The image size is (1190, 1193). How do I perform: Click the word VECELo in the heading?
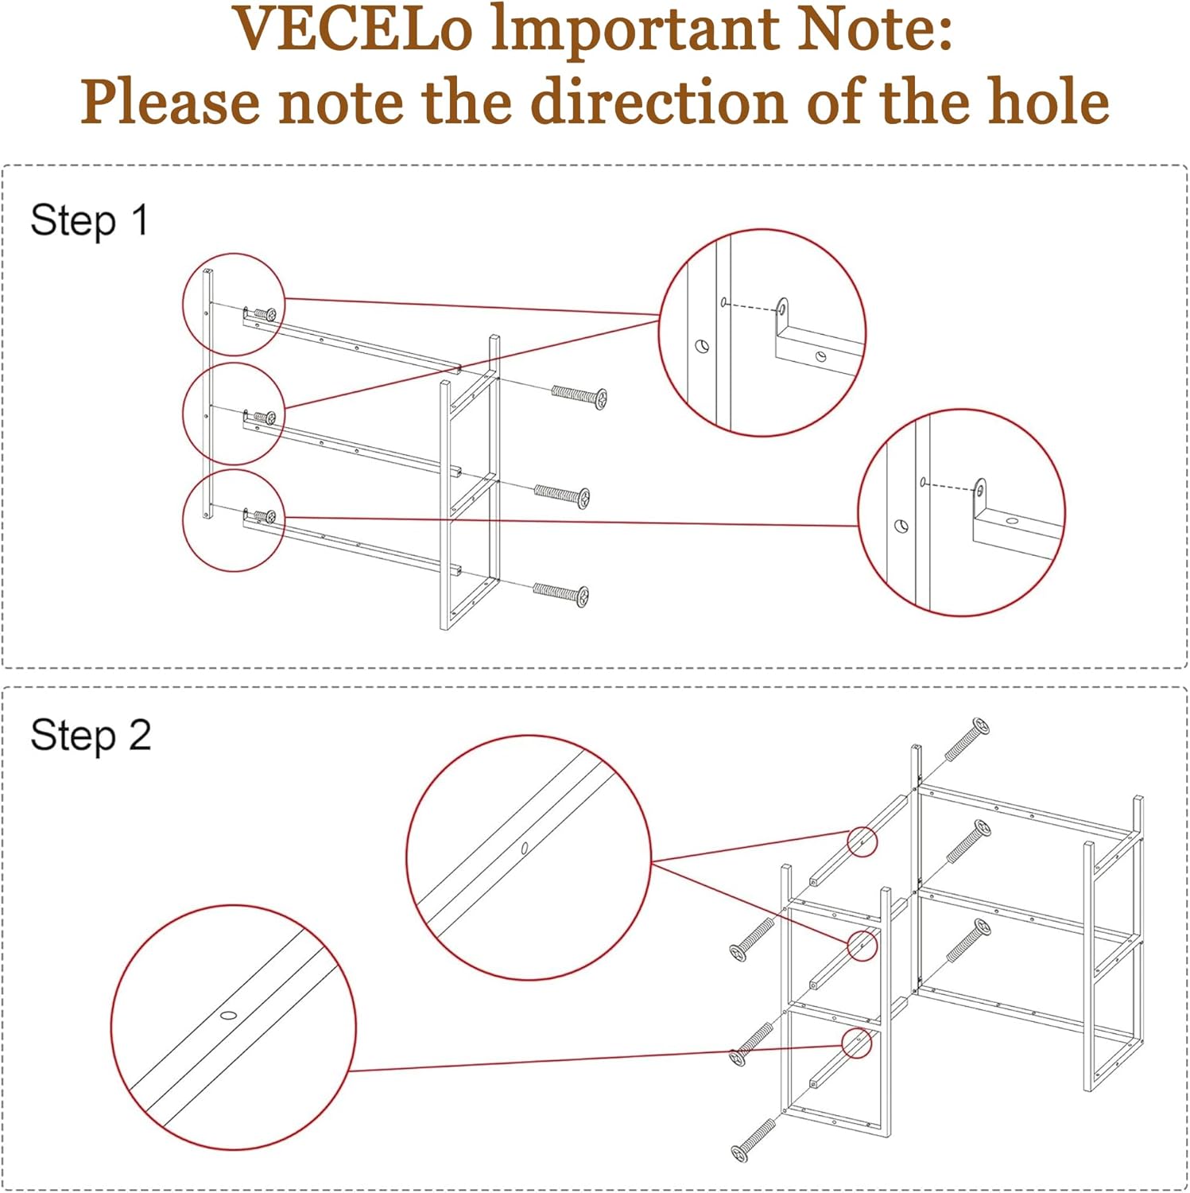pos(353,30)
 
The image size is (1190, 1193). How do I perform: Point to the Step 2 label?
pos(90,735)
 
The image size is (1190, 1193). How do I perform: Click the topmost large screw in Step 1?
pos(579,395)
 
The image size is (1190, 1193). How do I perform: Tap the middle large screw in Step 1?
pos(562,495)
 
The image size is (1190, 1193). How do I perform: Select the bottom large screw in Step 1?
pos(561,593)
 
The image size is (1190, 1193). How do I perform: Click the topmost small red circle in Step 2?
pos(862,841)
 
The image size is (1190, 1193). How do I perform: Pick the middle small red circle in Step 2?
pos(862,945)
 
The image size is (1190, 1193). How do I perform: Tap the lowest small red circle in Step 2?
pos(857,1043)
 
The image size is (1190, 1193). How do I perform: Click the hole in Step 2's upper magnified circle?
pos(525,849)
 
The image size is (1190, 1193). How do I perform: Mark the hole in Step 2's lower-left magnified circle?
pos(229,1015)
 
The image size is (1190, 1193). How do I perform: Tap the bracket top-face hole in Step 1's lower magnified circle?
pos(1011,521)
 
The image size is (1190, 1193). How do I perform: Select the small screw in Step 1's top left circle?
pos(265,314)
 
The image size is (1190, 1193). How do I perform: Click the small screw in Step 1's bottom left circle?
pos(265,517)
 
